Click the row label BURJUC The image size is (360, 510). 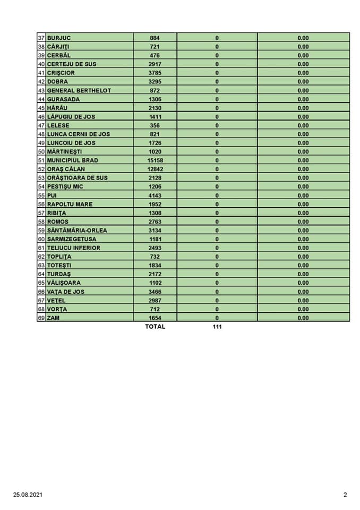coord(59,38)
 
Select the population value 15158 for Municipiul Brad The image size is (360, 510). coord(155,160)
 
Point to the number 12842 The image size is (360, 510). coord(155,169)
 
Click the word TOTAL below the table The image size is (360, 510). coord(155,327)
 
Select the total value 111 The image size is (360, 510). coord(217,327)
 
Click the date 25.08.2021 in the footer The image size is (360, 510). coord(28,495)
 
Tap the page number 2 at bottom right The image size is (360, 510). coord(345,495)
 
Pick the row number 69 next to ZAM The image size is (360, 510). coord(41,318)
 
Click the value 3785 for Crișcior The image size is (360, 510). coord(155,73)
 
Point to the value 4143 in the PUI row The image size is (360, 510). coord(155,195)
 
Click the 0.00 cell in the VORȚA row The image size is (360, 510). coord(303,309)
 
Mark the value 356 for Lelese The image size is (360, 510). coord(155,125)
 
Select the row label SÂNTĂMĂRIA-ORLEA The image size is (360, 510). coord(78,230)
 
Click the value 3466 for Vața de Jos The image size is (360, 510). coord(155,292)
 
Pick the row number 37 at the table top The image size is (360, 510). coord(41,38)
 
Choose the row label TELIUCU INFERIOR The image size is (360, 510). coord(73,248)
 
